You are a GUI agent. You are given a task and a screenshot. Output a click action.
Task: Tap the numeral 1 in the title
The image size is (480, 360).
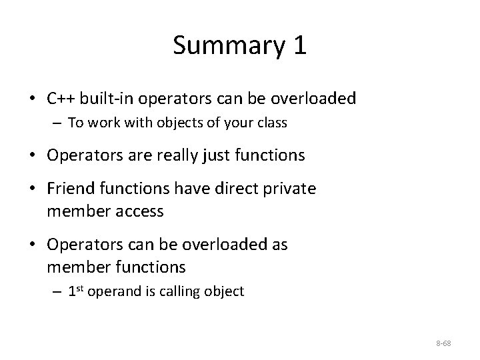click(x=299, y=45)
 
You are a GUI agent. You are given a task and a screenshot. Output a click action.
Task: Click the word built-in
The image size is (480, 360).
click(x=111, y=99)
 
